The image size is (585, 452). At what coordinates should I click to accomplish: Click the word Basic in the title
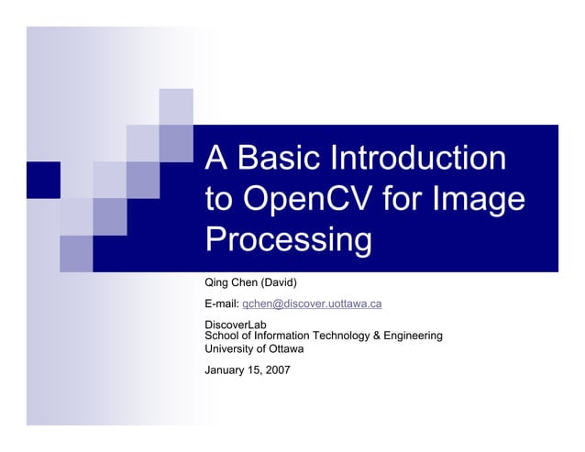tap(277, 158)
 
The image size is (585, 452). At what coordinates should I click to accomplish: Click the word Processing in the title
tap(289, 240)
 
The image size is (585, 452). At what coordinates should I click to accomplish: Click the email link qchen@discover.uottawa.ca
tap(312, 303)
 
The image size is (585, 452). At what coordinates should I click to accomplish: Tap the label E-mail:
tap(221, 303)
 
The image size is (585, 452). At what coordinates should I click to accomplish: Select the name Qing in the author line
tap(217, 281)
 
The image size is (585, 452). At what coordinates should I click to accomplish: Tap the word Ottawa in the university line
tap(285, 348)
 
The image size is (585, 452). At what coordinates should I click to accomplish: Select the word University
tap(231, 348)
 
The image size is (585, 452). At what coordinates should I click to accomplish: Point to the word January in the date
tap(226, 370)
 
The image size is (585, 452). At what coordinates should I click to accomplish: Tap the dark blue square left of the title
tap(43, 179)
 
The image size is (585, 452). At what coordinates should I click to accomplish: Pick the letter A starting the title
tap(215, 158)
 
